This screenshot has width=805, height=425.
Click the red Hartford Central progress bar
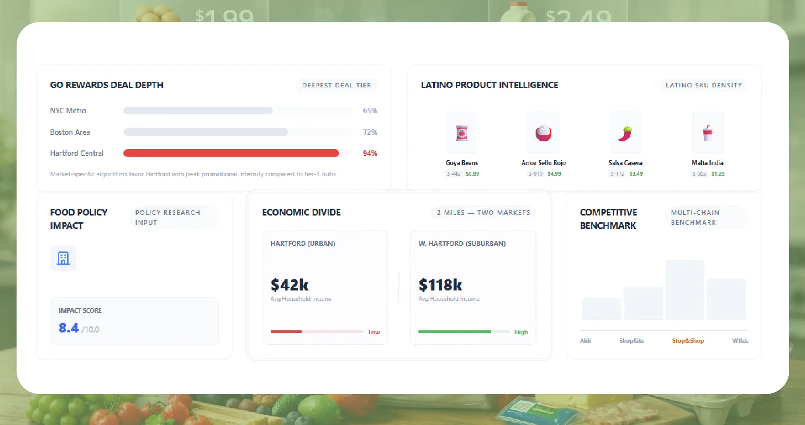click(231, 153)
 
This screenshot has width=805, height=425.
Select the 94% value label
click(370, 153)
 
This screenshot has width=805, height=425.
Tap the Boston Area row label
click(70, 132)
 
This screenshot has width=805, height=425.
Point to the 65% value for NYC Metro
click(370, 111)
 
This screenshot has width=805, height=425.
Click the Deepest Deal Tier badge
click(336, 85)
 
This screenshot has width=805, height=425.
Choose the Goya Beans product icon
click(461, 133)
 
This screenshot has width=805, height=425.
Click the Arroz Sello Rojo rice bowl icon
click(543, 133)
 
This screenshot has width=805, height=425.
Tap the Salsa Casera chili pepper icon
click(625, 133)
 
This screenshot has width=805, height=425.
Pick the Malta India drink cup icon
click(707, 133)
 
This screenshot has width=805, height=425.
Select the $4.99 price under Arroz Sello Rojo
click(554, 174)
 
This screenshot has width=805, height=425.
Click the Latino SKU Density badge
click(703, 85)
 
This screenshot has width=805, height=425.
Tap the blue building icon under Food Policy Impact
click(63, 258)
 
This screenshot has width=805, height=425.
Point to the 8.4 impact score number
click(69, 328)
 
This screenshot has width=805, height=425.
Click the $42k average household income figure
click(290, 285)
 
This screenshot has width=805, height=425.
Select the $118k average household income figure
click(440, 285)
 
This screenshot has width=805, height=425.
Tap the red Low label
click(374, 332)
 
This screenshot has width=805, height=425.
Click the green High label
click(521, 332)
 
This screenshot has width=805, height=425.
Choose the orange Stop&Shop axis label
click(688, 341)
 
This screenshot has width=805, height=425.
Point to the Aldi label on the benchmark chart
click(585, 341)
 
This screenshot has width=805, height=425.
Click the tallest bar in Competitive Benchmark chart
click(685, 290)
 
